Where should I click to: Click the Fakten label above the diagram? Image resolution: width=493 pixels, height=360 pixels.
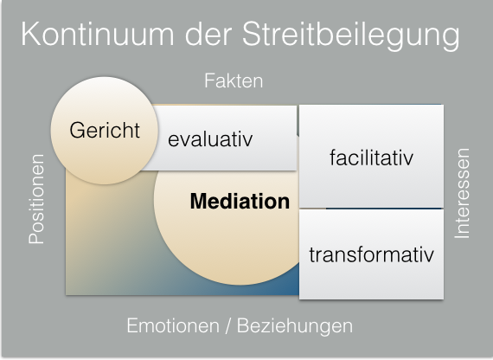pos(234,81)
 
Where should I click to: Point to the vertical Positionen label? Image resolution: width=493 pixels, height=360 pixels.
pos(37,199)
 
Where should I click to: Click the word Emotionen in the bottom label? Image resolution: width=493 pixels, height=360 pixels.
pos(168,326)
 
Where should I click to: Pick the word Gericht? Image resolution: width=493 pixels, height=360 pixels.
pos(105,132)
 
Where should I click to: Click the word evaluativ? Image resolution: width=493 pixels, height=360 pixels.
pos(210,139)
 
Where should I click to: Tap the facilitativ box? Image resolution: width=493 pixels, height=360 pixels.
pos(371,157)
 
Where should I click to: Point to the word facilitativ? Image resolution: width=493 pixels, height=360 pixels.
pos(371,158)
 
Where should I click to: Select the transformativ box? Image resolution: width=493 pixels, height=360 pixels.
pos(371,255)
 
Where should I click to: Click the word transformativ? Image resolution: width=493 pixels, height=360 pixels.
pos(371,255)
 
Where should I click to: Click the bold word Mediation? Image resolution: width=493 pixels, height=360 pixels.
pos(240,202)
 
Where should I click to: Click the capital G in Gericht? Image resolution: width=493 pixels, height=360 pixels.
pos(77,131)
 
